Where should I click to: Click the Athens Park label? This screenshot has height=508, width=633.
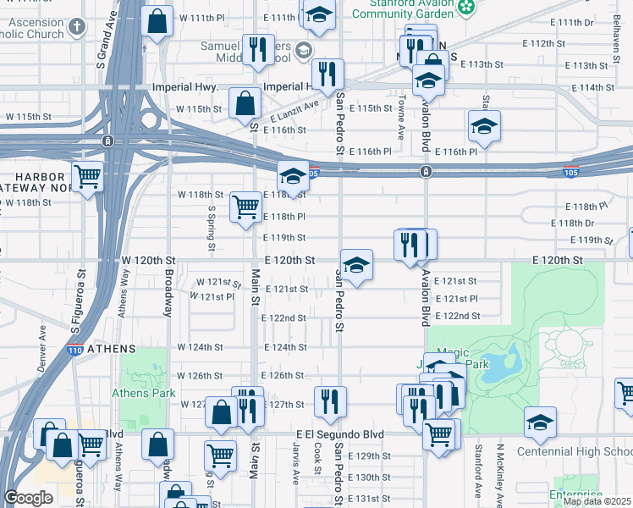(x=143, y=393)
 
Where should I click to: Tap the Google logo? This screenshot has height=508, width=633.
(x=28, y=498)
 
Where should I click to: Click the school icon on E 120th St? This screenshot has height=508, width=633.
(x=356, y=266)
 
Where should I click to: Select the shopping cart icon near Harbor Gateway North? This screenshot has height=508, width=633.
(x=87, y=177)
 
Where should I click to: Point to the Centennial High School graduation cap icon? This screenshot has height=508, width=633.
(x=539, y=422)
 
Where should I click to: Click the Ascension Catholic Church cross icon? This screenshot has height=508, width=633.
(x=77, y=25)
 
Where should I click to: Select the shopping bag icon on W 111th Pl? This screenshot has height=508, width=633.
(x=157, y=22)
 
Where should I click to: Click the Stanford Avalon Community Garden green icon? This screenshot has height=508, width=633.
(x=465, y=8)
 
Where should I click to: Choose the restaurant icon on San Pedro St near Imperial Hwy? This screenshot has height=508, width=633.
(x=327, y=75)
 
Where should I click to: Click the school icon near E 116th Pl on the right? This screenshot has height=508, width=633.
(x=483, y=126)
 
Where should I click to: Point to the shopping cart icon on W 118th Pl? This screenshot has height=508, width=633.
(x=245, y=206)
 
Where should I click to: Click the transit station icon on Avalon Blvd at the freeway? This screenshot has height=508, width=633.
(x=426, y=172)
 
